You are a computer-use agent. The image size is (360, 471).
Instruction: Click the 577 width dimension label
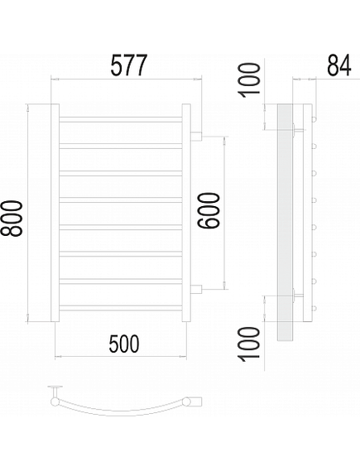129,65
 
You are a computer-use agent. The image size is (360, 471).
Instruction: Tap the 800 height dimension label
12,219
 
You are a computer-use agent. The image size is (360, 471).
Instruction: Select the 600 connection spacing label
209,211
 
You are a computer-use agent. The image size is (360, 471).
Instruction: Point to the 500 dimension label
124,344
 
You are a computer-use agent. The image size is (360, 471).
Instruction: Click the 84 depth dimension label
338,65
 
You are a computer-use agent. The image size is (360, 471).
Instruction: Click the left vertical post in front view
55,213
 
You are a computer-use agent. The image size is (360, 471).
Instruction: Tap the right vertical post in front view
186,213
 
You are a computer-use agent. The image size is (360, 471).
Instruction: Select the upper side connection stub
196,136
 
